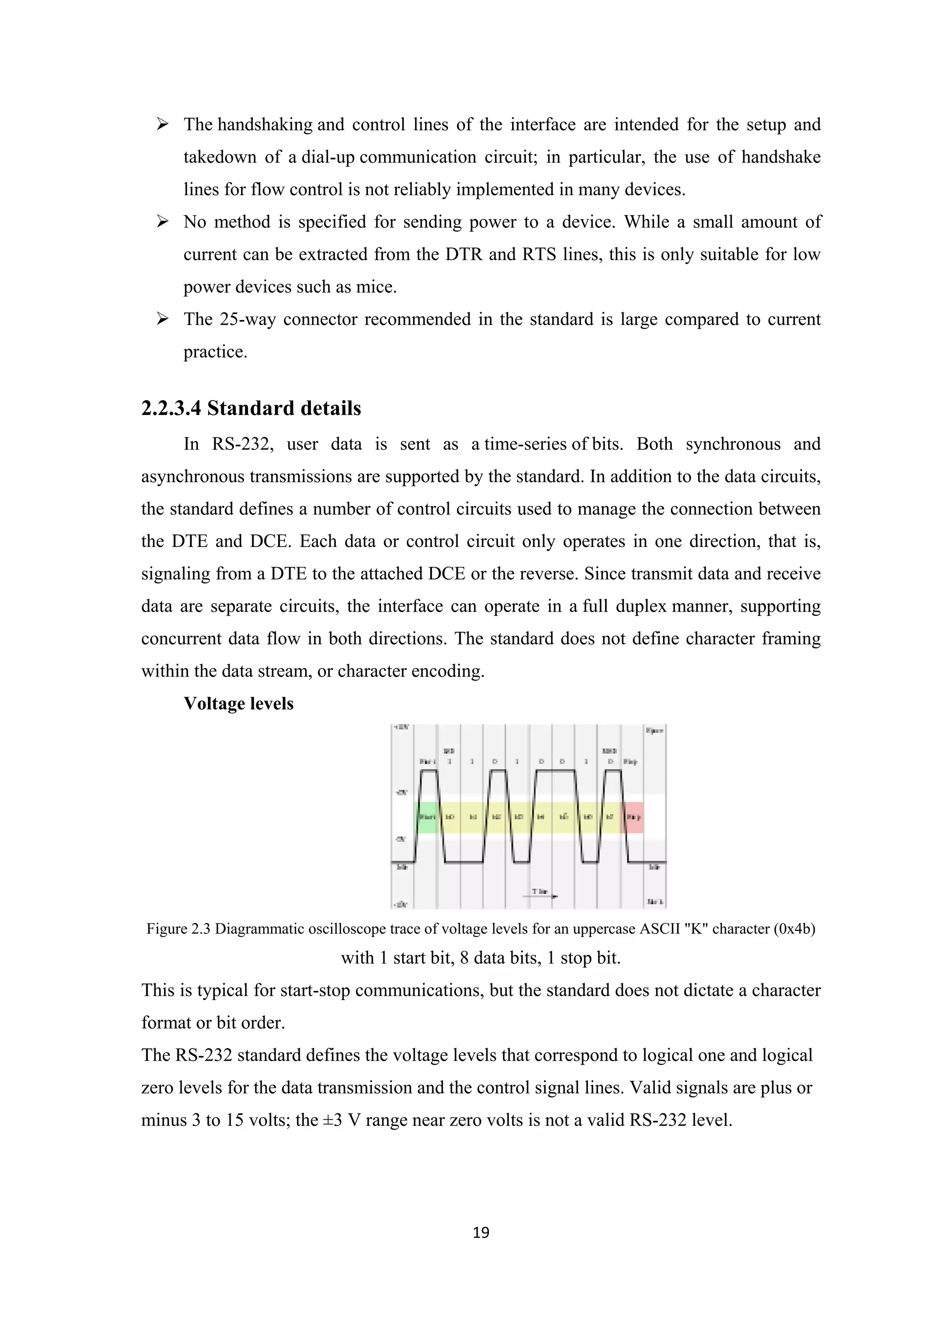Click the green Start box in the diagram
tap(426, 817)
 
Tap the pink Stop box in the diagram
tap(633, 817)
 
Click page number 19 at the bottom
tap(481, 1232)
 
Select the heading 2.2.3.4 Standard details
tap(251, 408)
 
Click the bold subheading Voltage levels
tap(238, 704)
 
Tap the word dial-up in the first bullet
tap(328, 157)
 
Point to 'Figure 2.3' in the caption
tap(178, 928)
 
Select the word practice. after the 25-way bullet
tap(215, 352)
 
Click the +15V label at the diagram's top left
tap(401, 728)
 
